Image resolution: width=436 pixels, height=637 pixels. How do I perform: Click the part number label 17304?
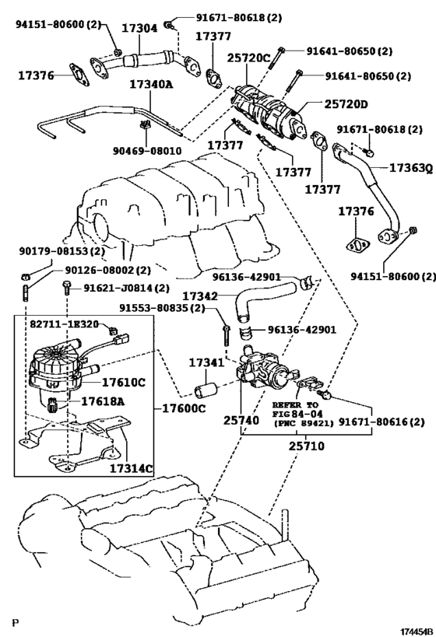click(x=141, y=28)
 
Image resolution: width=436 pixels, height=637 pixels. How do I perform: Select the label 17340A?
click(x=151, y=84)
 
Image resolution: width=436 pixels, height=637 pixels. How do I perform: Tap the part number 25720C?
click(x=248, y=57)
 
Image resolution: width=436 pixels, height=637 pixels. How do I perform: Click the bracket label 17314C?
click(x=131, y=469)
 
